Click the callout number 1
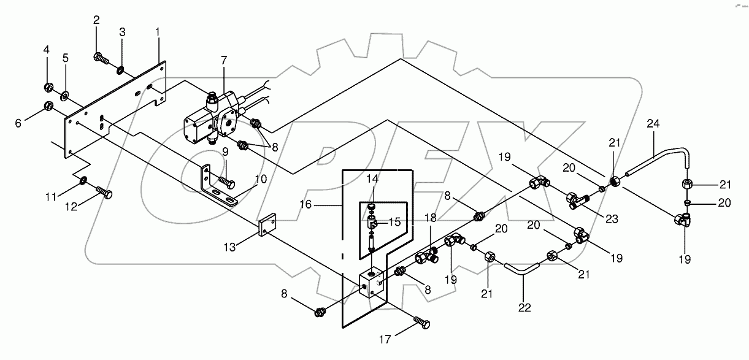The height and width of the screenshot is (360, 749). pos(158,31)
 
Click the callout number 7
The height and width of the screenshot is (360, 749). pos(224,60)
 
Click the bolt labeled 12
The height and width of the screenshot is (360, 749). pos(106,194)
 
